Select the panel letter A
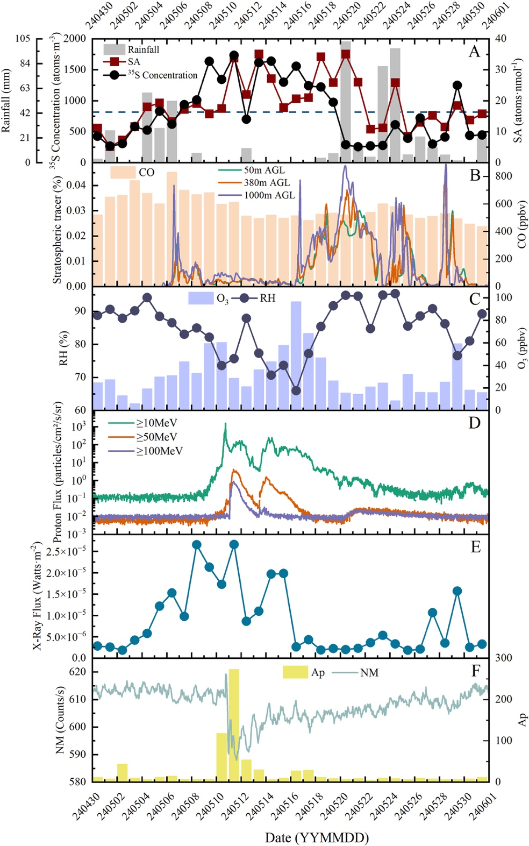474,52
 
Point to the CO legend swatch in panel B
123,172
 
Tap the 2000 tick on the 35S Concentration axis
75,39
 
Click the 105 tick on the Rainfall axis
23,39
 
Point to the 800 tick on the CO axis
503,176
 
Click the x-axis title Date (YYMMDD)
317,837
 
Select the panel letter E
475,547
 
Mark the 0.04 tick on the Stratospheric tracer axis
76,185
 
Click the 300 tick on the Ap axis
503,658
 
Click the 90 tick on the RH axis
80,311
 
